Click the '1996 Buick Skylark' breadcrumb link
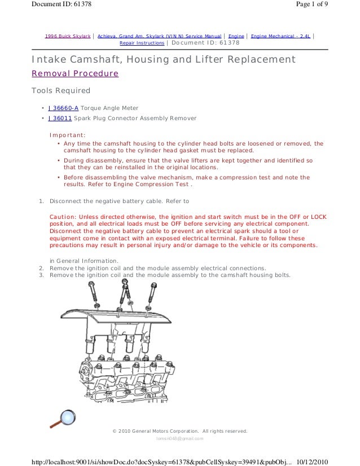click(68, 36)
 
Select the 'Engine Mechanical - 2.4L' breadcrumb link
click(280, 36)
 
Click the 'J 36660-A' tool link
click(63, 108)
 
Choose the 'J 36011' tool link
click(60, 118)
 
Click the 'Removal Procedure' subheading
click(74, 73)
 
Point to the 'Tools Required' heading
click(60, 90)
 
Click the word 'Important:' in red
click(67, 135)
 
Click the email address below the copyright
click(179, 438)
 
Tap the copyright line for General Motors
click(179, 431)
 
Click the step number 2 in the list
click(41, 268)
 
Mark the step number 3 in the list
click(41, 275)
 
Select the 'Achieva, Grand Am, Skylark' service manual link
click(160, 36)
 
